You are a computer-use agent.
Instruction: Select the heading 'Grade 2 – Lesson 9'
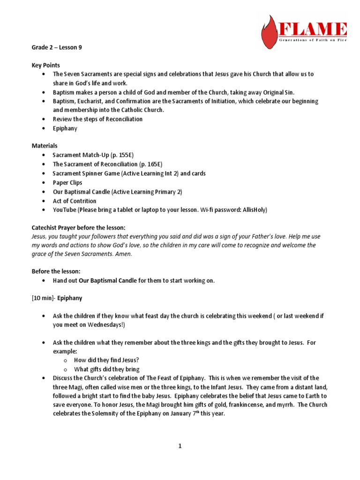(56, 48)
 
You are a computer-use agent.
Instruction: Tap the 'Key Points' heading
(45, 65)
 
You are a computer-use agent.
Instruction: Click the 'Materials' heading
(45, 146)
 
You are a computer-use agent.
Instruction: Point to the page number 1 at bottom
(180, 446)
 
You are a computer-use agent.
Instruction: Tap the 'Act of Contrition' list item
(74, 201)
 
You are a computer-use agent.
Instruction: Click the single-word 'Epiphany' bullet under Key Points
(65, 128)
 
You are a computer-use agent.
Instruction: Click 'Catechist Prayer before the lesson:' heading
(78, 227)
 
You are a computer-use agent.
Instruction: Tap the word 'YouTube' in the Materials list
(64, 210)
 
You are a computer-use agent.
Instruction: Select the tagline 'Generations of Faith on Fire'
(312, 41)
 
